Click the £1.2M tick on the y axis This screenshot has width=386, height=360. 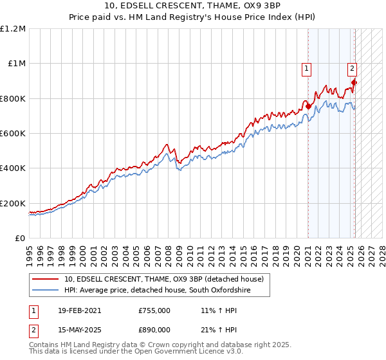(x=13, y=29)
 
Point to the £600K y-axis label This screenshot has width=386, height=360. (x=14, y=134)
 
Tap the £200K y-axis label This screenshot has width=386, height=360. (x=14, y=203)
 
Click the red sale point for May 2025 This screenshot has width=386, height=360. (x=354, y=83)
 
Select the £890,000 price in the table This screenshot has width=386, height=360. (x=154, y=329)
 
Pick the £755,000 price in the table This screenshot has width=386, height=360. (x=154, y=310)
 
